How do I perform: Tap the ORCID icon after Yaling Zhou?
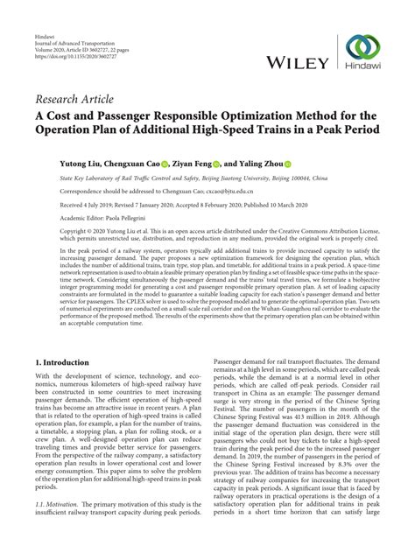pos(311,163)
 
